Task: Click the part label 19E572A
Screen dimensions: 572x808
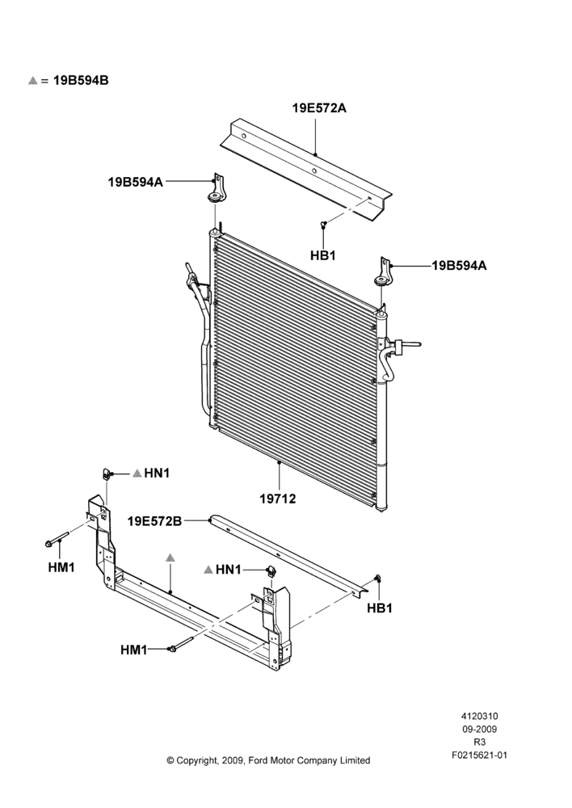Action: (x=319, y=108)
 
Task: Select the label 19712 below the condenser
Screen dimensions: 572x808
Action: (x=278, y=499)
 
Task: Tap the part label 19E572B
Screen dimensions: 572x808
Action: (x=154, y=521)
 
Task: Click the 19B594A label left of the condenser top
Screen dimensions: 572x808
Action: (x=136, y=182)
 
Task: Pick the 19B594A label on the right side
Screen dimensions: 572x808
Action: (x=459, y=266)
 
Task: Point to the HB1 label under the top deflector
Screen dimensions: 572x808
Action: (x=323, y=255)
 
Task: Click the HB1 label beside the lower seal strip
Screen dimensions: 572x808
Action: (x=380, y=608)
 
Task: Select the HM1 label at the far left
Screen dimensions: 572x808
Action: (x=61, y=567)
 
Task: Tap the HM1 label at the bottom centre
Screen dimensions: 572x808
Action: (x=134, y=650)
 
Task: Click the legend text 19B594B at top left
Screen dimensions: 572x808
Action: (x=81, y=80)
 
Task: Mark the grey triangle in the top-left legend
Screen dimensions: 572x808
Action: (x=33, y=80)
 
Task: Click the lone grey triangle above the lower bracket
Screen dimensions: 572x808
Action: (x=170, y=558)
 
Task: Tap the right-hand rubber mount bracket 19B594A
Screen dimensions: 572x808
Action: (x=383, y=271)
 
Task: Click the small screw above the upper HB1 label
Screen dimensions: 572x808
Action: (x=323, y=224)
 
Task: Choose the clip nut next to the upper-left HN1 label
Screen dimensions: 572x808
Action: (x=106, y=473)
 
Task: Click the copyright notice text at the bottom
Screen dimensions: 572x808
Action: (x=268, y=760)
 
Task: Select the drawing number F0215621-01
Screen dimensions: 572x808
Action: (x=480, y=755)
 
